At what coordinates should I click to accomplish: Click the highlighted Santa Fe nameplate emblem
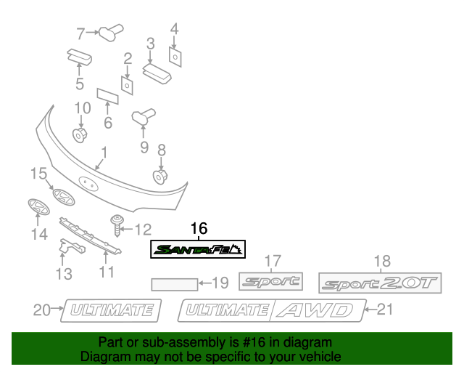(x=198, y=249)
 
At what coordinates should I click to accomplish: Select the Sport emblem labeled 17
(x=270, y=282)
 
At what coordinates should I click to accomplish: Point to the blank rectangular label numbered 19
(x=173, y=283)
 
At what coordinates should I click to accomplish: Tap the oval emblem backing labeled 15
(x=63, y=198)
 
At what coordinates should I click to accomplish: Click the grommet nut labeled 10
(x=80, y=134)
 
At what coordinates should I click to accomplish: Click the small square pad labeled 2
(x=127, y=86)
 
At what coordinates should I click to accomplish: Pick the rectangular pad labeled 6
(x=107, y=96)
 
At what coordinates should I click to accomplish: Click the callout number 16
(x=199, y=228)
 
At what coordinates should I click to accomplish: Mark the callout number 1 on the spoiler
(x=104, y=153)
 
